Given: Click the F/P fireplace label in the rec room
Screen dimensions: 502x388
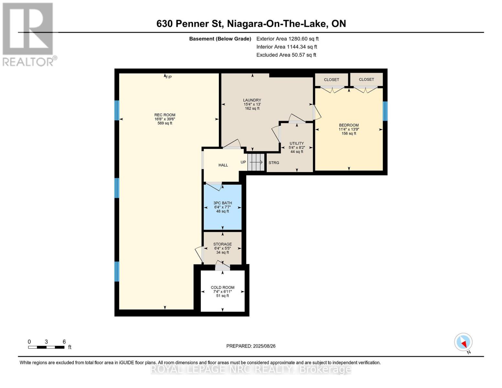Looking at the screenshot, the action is pos(169,77).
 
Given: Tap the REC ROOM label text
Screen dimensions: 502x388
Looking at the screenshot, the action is pos(165,115).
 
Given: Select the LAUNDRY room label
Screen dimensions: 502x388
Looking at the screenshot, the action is pos(252,100).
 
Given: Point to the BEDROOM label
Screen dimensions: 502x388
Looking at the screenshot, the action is pos(349,125).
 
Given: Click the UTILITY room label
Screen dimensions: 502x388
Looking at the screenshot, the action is pos(297,143).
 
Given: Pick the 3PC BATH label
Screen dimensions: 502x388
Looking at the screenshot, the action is pos(222,203).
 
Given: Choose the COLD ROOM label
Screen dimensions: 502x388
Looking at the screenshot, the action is pos(222,287).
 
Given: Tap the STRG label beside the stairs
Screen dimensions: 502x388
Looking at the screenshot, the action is pos(274,163).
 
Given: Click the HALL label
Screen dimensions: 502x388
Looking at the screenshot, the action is pos(223,165).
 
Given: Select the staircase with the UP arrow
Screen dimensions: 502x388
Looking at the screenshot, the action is pos(256,162).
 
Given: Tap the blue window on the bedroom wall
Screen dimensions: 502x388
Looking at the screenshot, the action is pos(385,111).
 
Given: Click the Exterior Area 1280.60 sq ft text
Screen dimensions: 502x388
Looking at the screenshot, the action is pos(287,39).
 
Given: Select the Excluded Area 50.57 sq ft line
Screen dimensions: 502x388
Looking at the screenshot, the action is pos(286,55).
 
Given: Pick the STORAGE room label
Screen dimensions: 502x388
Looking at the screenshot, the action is pos(222,244).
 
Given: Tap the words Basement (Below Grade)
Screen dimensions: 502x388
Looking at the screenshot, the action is pos(220,39).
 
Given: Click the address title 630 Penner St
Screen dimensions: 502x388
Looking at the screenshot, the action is pos(190,24).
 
